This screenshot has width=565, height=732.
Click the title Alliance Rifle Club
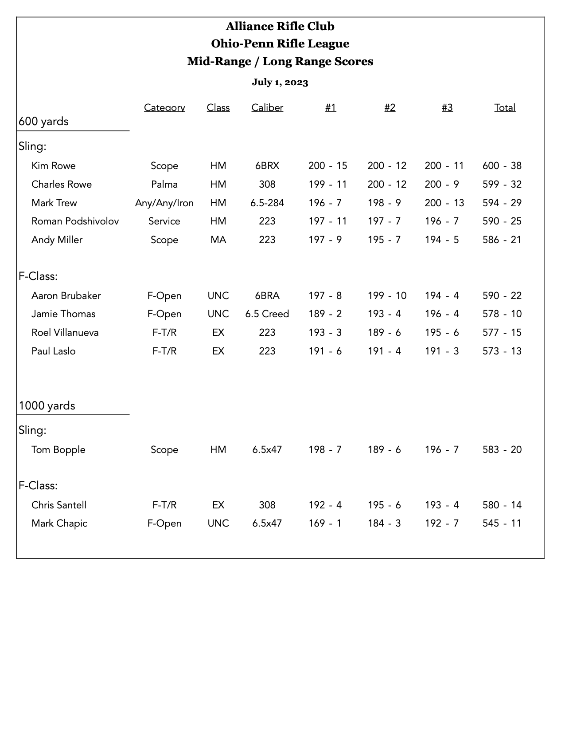[x=280, y=27]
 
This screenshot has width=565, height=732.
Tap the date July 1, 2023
[x=280, y=82]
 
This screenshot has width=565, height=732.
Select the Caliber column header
[x=267, y=108]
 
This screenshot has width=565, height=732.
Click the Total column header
[x=505, y=108]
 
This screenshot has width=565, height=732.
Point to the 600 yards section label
[x=44, y=122]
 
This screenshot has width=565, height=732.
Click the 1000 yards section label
[x=47, y=406]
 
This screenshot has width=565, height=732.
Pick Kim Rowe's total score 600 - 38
[x=502, y=166]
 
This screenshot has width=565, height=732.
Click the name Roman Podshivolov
[x=75, y=221]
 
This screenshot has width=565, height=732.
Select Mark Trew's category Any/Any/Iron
[x=164, y=203]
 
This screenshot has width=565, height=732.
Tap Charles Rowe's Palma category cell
[x=164, y=185]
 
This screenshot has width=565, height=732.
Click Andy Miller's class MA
[x=218, y=240]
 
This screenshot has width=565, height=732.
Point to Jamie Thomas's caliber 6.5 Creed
[x=267, y=314]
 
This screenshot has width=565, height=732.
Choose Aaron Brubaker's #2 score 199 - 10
[x=387, y=296]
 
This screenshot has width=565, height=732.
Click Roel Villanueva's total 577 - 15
[x=502, y=333]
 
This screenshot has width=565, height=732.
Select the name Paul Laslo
[x=54, y=351]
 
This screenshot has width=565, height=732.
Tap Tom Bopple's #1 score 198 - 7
[x=325, y=450]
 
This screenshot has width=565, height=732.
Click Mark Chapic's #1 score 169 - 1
[x=325, y=523]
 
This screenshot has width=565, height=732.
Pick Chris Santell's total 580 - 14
[x=502, y=505]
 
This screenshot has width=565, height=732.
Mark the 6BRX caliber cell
[x=267, y=166]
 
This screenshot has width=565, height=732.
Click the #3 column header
[x=447, y=108]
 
